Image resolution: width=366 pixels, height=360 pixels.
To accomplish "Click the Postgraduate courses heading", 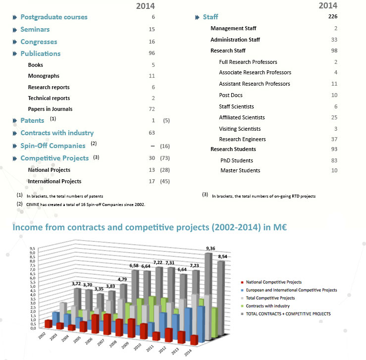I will pyautogui.click(x=53, y=17).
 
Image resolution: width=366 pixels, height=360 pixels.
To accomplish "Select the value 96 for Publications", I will pyautogui.click(x=152, y=53).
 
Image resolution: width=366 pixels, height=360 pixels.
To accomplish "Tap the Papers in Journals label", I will pyautogui.click(x=51, y=109).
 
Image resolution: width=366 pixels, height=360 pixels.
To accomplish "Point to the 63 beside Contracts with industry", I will pyautogui.click(x=152, y=133).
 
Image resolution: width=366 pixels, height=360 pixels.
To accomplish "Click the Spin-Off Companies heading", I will pyautogui.click(x=52, y=146).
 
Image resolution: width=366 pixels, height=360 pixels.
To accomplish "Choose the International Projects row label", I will pyautogui.click(x=54, y=181).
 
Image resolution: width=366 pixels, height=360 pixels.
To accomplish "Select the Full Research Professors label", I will pyautogui.click(x=248, y=62).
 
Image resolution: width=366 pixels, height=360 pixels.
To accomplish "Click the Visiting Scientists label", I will pyautogui.click(x=240, y=129).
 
